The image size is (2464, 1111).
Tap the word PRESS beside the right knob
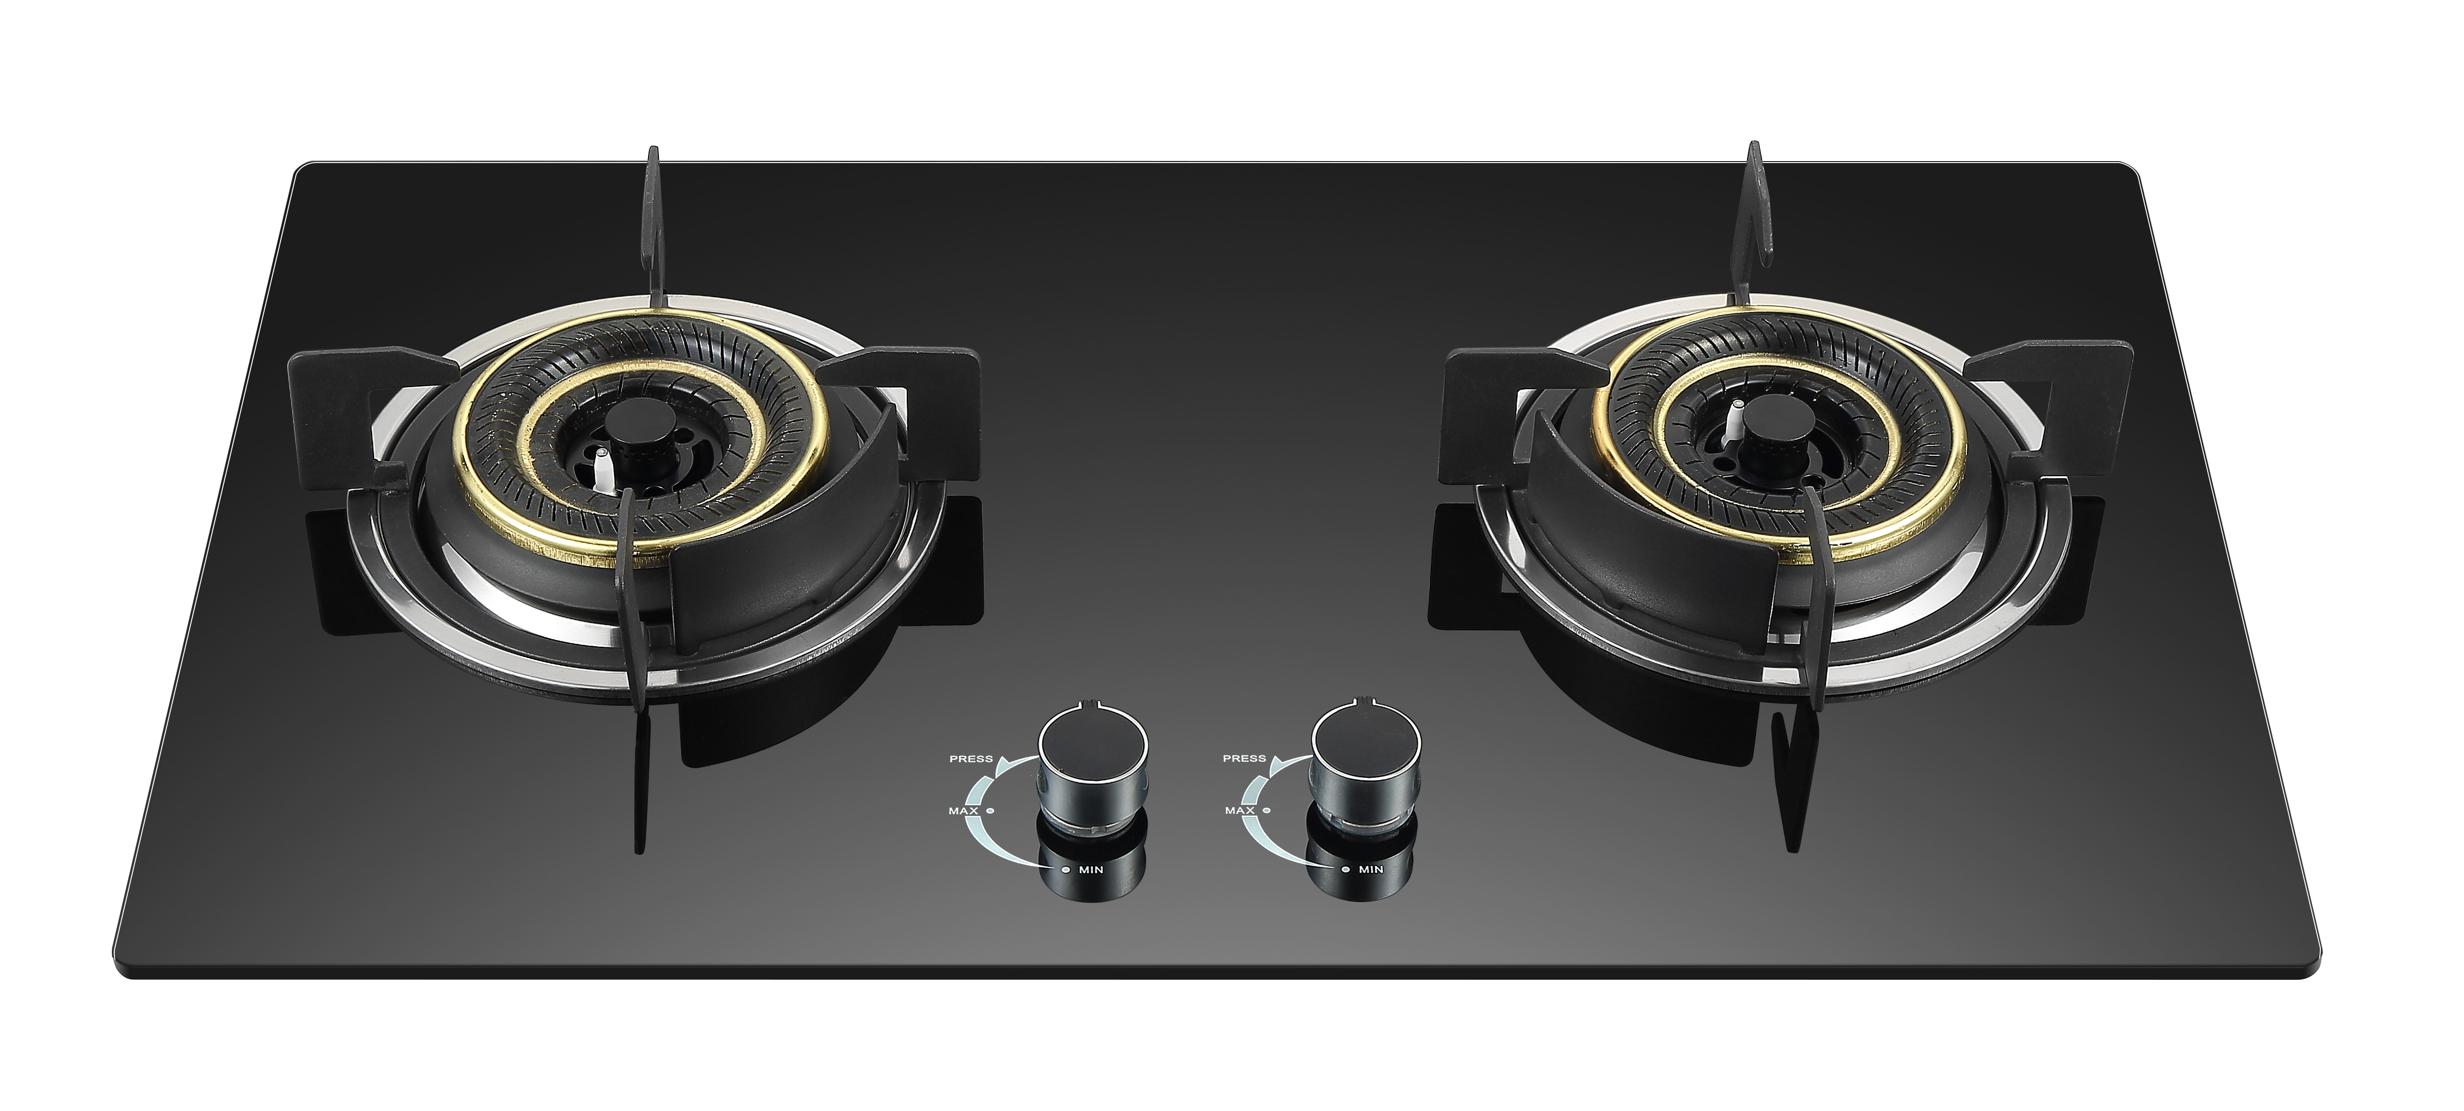pos(1244,759)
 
